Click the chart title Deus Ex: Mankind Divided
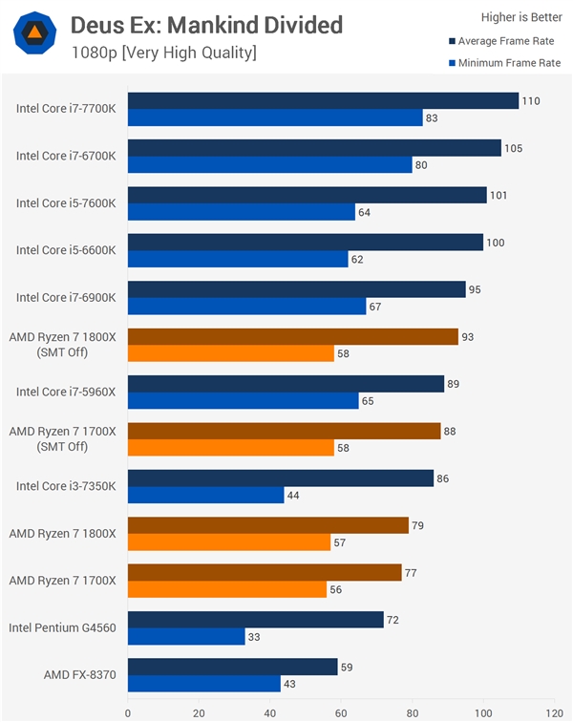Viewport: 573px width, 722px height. (x=206, y=25)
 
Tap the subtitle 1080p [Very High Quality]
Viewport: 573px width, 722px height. (x=163, y=53)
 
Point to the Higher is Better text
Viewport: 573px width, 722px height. (x=521, y=17)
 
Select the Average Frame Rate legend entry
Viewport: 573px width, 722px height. (x=504, y=41)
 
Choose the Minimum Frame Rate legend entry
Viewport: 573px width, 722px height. (x=502, y=63)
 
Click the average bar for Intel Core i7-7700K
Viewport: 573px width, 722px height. (x=323, y=101)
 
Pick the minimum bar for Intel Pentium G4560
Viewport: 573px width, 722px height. (x=186, y=637)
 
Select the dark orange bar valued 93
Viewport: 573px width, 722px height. (x=292, y=336)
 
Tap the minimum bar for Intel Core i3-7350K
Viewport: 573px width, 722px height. (x=205, y=496)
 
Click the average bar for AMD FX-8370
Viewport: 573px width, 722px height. (x=232, y=667)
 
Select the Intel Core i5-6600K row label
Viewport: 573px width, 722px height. (x=66, y=250)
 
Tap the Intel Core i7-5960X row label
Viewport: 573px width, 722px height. (x=66, y=392)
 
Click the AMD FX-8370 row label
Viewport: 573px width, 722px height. (x=79, y=674)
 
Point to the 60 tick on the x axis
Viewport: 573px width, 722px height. (x=341, y=711)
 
